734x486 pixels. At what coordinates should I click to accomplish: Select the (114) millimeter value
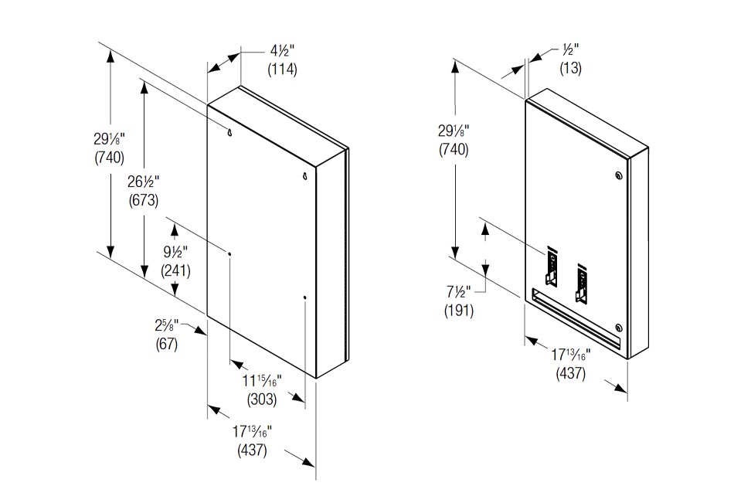pyautogui.click(x=282, y=70)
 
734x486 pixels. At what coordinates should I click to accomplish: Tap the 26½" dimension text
pyautogui.click(x=144, y=182)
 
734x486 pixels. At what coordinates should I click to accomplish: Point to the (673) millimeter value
pyautogui.click(x=144, y=200)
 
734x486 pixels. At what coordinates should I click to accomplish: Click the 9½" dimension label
pyautogui.click(x=175, y=253)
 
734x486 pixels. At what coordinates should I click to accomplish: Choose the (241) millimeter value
pyautogui.click(x=175, y=271)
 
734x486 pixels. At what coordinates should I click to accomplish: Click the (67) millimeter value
pyautogui.click(x=167, y=345)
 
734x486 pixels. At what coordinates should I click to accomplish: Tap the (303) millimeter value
pyautogui.click(x=263, y=399)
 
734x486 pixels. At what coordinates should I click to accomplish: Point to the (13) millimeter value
pyautogui.click(x=571, y=68)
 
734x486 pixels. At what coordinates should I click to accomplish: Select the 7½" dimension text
pyautogui.click(x=459, y=294)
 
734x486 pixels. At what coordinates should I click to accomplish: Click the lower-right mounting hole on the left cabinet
pyautogui.click(x=305, y=297)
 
